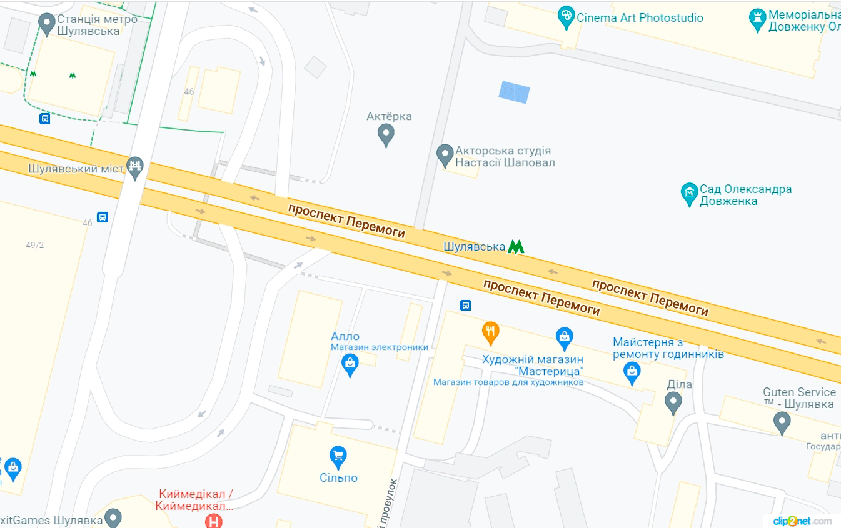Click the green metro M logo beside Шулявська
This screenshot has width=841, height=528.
515,247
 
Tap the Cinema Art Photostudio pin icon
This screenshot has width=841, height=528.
566,17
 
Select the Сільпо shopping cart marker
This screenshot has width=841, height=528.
338,457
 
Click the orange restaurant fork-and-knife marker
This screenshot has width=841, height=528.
491,332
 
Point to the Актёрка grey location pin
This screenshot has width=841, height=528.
386,134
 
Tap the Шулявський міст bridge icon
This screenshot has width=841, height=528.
135,166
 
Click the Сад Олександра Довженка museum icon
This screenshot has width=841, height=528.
689,193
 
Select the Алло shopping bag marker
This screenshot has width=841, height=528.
350,364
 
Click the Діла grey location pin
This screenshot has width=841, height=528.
673,402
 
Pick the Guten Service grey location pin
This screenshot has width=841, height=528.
782,422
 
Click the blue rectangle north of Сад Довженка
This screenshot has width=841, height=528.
514,92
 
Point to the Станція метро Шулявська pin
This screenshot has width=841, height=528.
47,24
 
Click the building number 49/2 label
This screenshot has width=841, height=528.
35,245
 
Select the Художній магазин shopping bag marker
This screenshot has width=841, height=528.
565,338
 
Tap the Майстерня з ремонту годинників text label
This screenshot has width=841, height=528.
668,348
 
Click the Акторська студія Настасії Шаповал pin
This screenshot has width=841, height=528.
445,155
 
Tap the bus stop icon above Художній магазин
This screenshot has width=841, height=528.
465,305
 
